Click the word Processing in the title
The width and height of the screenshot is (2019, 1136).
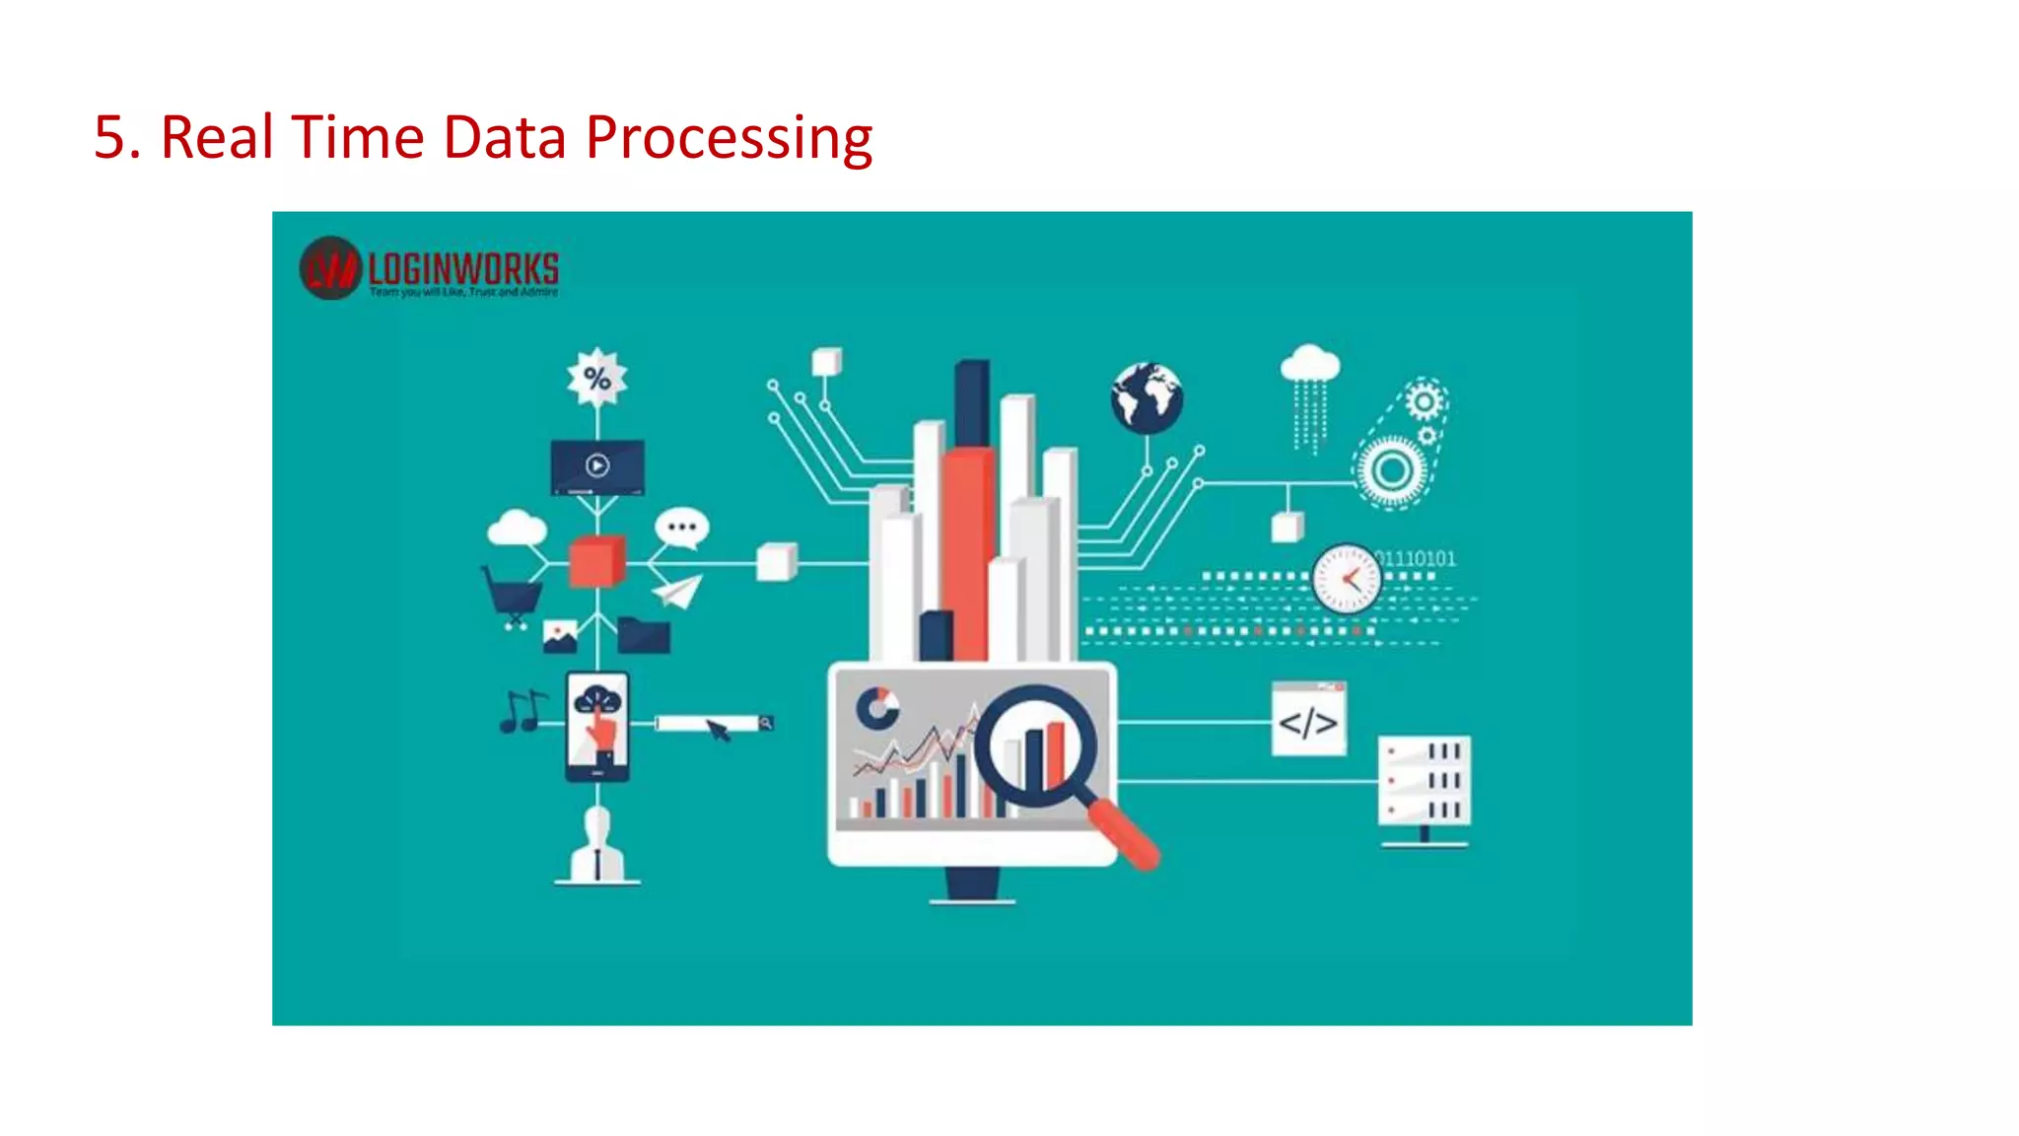(729, 138)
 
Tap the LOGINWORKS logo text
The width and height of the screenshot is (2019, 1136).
(462, 268)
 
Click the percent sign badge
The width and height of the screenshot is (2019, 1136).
(596, 378)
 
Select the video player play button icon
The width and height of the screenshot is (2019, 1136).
(597, 465)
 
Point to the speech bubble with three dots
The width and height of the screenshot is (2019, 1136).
(681, 528)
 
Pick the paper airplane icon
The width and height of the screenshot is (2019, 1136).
(677, 591)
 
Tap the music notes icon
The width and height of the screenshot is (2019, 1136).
(522, 711)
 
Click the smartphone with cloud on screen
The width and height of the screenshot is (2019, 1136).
(597, 727)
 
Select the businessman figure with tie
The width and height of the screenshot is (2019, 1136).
(597, 846)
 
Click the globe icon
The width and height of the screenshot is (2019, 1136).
(1147, 398)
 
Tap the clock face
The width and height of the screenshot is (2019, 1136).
(1346, 580)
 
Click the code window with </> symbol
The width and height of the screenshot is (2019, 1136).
(1308, 720)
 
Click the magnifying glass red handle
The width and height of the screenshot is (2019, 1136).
(1126, 834)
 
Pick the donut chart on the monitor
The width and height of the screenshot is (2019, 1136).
(876, 708)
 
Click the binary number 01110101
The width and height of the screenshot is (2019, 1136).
(1418, 558)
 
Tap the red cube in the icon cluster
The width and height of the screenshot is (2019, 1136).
(596, 561)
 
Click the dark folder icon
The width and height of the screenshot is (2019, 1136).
(644, 635)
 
